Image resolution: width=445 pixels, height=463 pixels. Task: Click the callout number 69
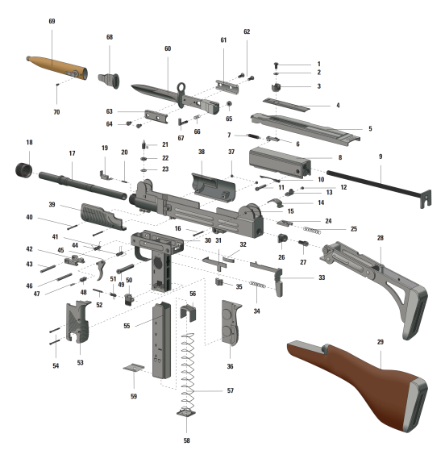pyautogui.click(x=52, y=21)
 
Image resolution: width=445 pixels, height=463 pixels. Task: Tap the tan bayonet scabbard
pyautogui.click(x=57, y=69)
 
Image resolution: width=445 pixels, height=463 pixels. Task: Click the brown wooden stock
pyautogui.click(x=358, y=385)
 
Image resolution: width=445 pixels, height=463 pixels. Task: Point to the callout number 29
pyautogui.click(x=380, y=342)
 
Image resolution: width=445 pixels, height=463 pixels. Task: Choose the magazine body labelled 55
pyautogui.click(x=161, y=340)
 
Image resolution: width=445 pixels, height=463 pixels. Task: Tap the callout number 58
pyautogui.click(x=186, y=440)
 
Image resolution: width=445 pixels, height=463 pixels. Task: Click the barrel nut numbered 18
pyautogui.click(x=24, y=171)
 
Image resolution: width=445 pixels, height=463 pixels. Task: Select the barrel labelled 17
pyautogui.click(x=83, y=186)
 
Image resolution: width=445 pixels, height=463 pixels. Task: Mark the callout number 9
pyautogui.click(x=381, y=156)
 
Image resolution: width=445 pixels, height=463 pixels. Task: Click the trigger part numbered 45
pyautogui.click(x=101, y=270)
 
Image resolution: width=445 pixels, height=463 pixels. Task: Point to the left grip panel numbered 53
pyautogui.click(x=78, y=322)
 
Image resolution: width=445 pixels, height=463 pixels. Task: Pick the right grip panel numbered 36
pyautogui.click(x=231, y=323)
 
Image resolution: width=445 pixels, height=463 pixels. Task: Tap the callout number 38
pyautogui.click(x=202, y=152)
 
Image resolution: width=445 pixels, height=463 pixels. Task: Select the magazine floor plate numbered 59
pyautogui.click(x=134, y=368)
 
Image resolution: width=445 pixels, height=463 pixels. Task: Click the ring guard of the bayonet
pyautogui.click(x=181, y=95)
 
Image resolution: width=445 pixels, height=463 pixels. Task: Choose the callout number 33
pyautogui.click(x=322, y=277)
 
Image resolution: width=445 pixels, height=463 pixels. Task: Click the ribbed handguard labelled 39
pyautogui.click(x=103, y=216)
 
